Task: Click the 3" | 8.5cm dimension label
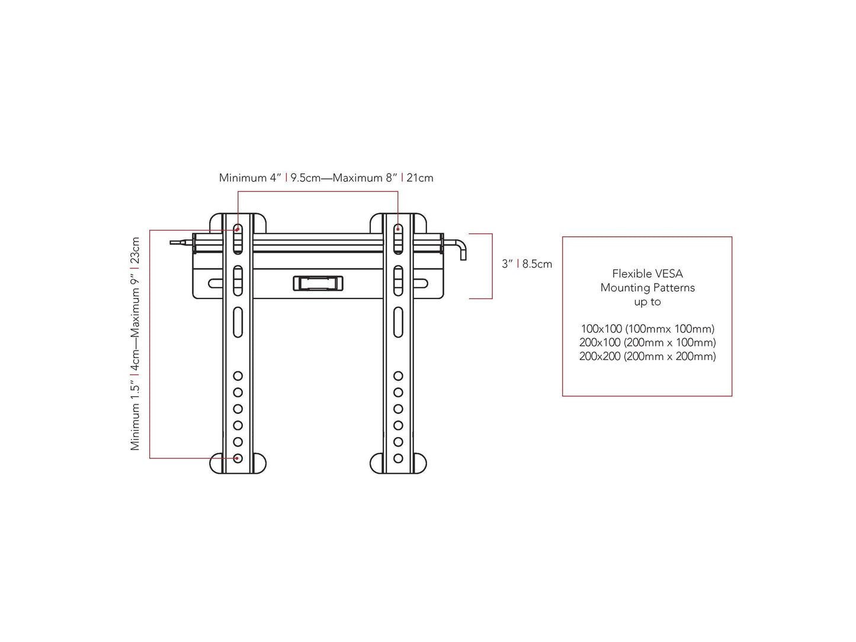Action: pos(527,264)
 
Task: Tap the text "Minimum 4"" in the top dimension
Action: pos(250,178)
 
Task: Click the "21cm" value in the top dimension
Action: pos(420,178)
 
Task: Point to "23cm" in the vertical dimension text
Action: pos(136,251)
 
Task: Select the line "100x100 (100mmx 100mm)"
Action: pos(647,329)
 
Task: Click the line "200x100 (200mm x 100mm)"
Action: pos(647,342)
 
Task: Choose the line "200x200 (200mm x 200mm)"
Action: pos(647,356)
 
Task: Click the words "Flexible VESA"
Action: pos(647,274)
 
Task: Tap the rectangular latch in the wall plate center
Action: pos(318,283)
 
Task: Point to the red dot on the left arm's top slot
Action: pos(238,229)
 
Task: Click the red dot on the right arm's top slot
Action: pos(398,229)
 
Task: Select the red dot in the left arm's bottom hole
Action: pos(238,458)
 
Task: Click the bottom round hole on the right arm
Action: pos(398,458)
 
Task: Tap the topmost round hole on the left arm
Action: pos(238,376)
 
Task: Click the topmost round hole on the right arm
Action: pos(398,376)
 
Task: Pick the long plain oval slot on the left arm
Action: pos(238,322)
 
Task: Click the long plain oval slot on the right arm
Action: pos(398,322)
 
